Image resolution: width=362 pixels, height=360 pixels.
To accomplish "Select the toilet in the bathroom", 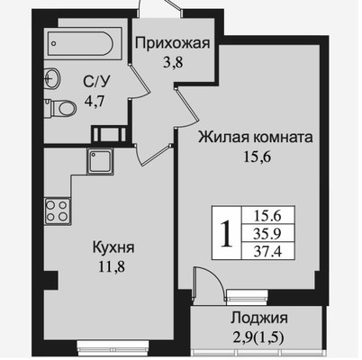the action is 61,108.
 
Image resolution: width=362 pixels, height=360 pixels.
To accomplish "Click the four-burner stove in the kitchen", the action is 58,211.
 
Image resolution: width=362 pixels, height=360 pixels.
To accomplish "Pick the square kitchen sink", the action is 101,161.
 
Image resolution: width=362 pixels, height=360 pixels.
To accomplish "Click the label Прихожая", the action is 172,43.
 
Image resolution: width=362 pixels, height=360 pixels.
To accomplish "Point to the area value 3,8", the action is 173,63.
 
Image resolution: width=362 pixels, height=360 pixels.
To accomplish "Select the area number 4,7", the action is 95,102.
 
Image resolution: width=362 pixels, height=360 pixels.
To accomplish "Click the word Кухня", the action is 113,247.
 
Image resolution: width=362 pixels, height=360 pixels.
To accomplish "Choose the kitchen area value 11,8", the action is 112,266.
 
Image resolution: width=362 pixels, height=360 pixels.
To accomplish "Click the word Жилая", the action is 224,138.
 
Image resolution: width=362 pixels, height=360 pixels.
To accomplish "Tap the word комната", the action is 283,138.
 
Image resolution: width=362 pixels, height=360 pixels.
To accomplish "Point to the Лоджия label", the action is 259,319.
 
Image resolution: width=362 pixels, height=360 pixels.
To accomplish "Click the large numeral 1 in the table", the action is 226,233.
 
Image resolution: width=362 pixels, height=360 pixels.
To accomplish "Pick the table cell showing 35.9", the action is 267,232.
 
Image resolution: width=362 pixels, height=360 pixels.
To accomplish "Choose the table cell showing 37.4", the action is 267,250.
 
